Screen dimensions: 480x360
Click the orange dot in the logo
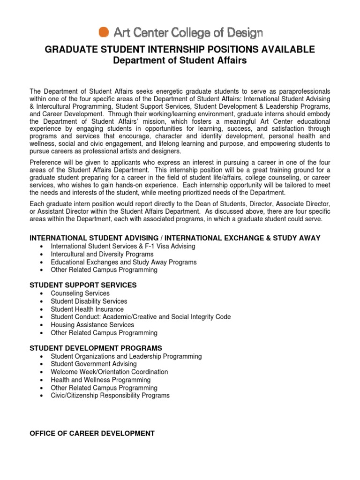click(104, 31)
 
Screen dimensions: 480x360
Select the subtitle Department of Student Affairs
click(180, 61)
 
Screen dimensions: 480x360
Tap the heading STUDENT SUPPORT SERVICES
click(83, 285)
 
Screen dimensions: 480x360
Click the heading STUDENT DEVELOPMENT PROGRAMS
click(96, 348)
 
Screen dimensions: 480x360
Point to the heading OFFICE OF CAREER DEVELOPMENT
click(92, 434)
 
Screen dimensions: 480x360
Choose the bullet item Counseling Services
click(80, 293)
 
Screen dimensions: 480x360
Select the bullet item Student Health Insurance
click(87, 309)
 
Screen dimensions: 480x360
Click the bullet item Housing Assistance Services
click(92, 325)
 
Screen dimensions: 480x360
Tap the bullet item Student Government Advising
click(94, 364)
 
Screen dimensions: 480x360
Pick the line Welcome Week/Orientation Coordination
click(109, 372)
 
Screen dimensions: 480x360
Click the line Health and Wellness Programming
click(101, 380)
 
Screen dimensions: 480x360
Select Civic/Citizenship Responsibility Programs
click(110, 396)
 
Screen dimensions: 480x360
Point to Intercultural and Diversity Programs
click(102, 254)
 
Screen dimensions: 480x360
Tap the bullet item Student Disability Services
click(89, 301)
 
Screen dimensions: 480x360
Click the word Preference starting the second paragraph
click(45, 162)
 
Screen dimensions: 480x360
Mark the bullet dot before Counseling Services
click(43, 294)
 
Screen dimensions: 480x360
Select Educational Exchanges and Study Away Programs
click(124, 262)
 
